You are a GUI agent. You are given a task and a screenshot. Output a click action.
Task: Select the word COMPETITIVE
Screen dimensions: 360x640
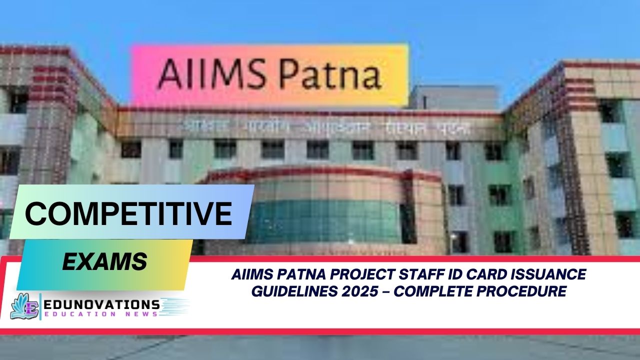point(128,213)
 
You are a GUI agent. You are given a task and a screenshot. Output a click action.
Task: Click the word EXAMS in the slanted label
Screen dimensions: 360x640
point(104,261)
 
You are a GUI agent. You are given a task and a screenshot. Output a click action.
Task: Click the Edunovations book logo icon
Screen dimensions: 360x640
point(25,306)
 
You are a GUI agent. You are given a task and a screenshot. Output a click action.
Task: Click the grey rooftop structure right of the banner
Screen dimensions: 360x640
point(452,97)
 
